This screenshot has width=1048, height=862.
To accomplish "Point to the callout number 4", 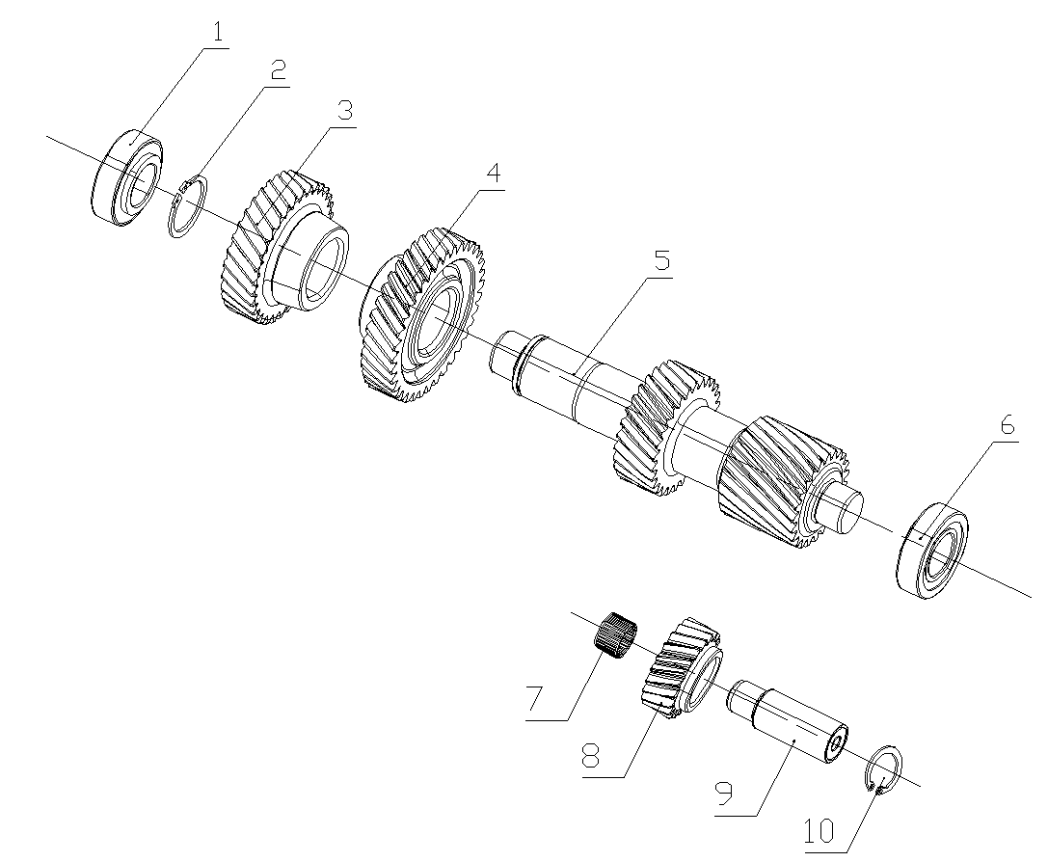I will click(x=493, y=174).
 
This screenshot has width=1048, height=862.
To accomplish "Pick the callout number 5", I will click(x=660, y=261).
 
